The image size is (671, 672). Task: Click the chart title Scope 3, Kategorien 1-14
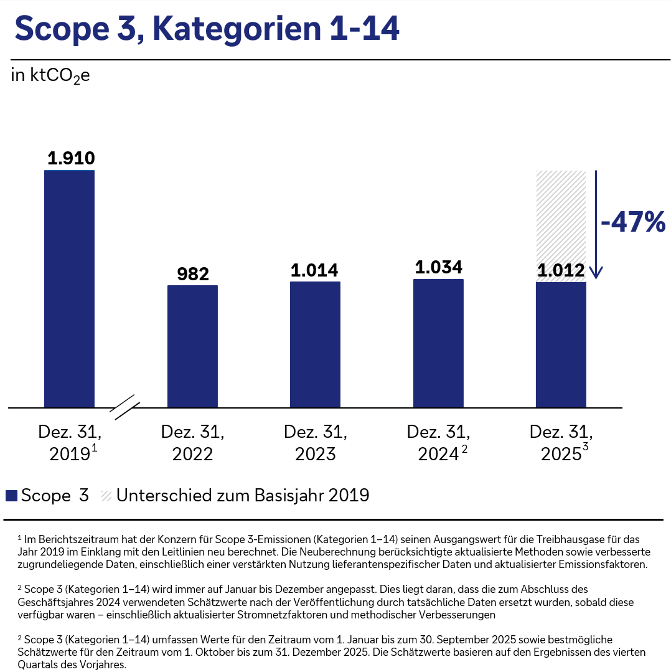tap(206, 29)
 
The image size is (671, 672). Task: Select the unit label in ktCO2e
tap(50, 76)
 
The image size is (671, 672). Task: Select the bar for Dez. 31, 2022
tap(192, 346)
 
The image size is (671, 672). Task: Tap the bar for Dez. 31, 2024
tap(438, 343)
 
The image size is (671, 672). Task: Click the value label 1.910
tap(71, 158)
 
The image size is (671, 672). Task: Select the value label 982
tap(193, 274)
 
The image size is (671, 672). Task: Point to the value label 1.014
tap(315, 270)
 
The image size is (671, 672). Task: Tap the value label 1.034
tap(439, 267)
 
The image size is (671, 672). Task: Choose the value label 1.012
tap(561, 271)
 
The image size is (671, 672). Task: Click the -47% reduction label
tap(632, 222)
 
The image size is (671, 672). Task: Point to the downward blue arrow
tap(596, 224)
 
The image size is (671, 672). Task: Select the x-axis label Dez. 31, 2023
tap(315, 442)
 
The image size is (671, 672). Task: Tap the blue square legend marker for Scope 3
tap(11, 496)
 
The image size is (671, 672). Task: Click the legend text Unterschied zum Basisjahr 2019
tap(243, 496)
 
